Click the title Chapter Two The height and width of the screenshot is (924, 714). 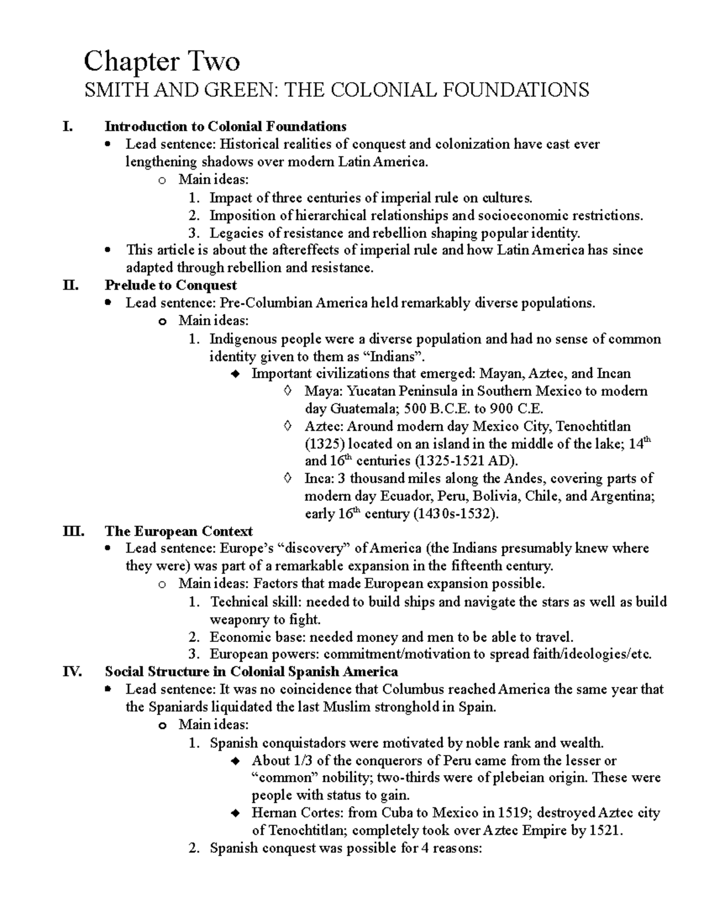(x=162, y=61)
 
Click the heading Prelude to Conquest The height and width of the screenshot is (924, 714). (x=171, y=285)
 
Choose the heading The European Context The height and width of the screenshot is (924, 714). (x=178, y=531)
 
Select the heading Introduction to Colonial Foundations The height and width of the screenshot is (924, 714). (x=226, y=126)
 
